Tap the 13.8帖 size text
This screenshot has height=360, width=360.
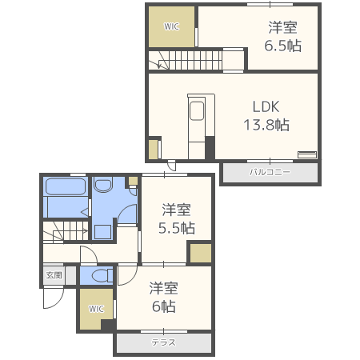pos(266,125)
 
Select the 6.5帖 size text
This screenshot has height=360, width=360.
pos(283,46)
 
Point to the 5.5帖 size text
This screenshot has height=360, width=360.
pos(177,227)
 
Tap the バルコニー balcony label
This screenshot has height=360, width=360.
pos(269,173)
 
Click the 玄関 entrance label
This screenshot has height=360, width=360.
pos(54,276)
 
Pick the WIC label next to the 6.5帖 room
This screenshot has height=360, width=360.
pos(171,26)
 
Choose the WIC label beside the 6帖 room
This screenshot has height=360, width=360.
pos(96,309)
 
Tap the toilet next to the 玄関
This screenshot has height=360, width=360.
pos(99,276)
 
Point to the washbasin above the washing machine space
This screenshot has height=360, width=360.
pos(103,189)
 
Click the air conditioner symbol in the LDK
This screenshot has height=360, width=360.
pos(307,154)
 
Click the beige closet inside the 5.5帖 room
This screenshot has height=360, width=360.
pos(200,253)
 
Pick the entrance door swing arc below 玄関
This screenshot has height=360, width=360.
pos(51,298)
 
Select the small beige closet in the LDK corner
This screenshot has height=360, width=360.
pos(154,149)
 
